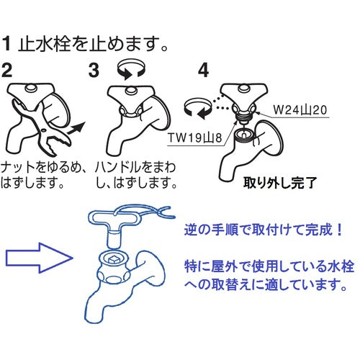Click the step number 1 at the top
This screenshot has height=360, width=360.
[x=6, y=44]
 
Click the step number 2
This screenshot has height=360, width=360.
[x=6, y=70]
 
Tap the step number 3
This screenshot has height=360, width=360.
[x=94, y=70]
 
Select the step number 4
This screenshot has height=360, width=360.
[x=204, y=70]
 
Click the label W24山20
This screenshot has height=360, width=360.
[x=300, y=110]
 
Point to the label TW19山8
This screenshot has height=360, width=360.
[x=195, y=138]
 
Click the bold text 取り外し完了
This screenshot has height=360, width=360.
[x=280, y=183]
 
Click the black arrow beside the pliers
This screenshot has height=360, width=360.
[x=76, y=128]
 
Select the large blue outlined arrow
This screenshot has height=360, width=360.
[x=39, y=258]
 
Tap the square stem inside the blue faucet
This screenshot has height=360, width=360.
[x=113, y=259]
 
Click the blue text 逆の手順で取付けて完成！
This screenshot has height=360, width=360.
[x=263, y=230]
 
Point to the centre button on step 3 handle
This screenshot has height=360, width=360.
[x=131, y=91]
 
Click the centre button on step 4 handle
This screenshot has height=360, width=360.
[x=243, y=89]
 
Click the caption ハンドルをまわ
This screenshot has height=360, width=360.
[x=135, y=168]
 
